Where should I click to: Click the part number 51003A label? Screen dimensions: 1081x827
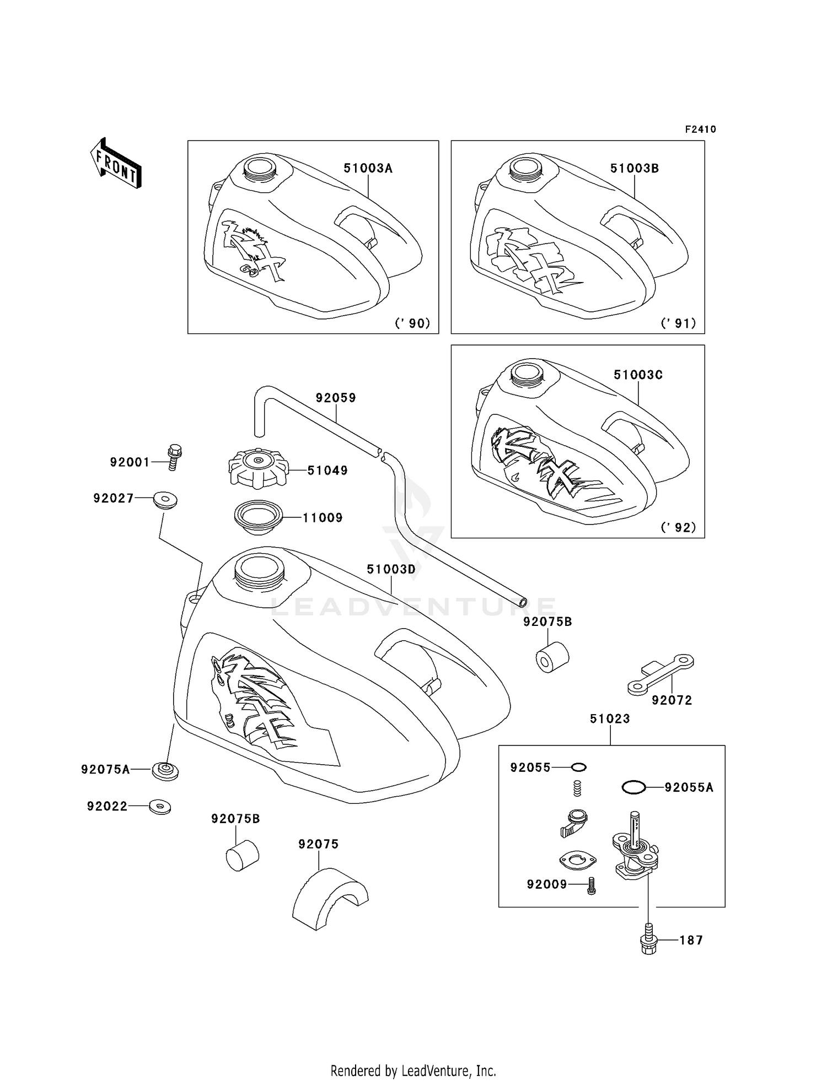tap(368, 169)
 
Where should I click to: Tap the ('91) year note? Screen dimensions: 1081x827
tap(678, 323)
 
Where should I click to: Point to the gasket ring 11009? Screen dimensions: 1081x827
tap(258, 517)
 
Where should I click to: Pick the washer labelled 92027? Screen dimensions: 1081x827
tap(164, 500)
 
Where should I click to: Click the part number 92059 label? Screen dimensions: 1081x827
tap(336, 398)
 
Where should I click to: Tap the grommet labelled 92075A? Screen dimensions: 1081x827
tap(165, 770)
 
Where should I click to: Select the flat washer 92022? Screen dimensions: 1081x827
tap(160, 807)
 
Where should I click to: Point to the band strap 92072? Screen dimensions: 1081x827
tap(660, 674)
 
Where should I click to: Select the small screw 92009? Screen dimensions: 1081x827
tap(592, 885)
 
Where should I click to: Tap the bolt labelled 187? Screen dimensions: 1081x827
tap(649, 939)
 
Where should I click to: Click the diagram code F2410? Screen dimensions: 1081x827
tap(700, 129)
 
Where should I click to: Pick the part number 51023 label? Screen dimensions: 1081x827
tap(610, 719)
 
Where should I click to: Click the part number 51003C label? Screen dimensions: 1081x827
tap(638, 375)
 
